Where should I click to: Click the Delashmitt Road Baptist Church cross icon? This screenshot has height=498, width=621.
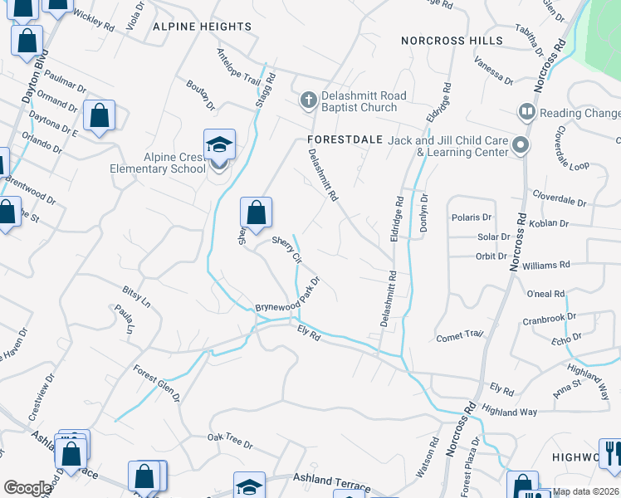[308, 101]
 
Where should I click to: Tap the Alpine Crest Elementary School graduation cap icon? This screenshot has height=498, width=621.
[219, 144]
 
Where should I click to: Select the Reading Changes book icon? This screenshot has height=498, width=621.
[526, 112]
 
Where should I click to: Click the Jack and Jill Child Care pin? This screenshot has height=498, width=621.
[521, 145]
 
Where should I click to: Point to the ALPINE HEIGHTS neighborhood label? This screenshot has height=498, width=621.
[202, 27]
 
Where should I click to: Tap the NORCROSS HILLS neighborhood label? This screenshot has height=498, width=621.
[452, 41]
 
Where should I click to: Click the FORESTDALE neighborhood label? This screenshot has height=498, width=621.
[343, 139]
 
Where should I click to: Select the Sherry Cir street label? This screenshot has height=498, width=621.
[286, 249]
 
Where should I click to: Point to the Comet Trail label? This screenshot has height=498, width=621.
[459, 336]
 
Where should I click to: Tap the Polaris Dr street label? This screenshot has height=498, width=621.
[472, 217]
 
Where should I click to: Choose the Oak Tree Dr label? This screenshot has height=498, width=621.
[230, 441]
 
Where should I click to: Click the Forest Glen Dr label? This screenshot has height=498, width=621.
[157, 383]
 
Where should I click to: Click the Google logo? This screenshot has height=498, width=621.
[27, 488]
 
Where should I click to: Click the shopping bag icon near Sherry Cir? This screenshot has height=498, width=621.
[257, 212]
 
